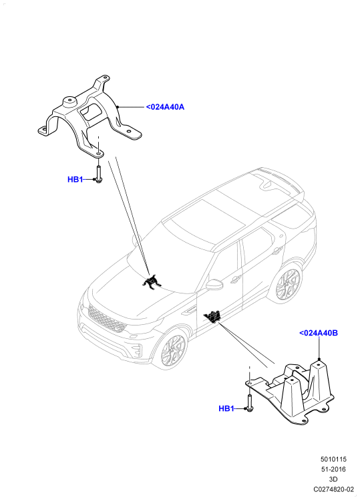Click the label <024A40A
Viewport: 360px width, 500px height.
coord(165,107)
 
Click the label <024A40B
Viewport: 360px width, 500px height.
coord(319,333)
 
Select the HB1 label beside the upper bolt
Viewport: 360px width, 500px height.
coord(75,180)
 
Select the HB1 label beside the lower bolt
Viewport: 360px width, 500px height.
coord(226,408)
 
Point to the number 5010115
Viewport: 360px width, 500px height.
coord(333,459)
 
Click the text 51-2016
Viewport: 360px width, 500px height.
coord(333,469)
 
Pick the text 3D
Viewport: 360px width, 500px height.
coord(333,479)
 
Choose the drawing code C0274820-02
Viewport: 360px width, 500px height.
coord(333,489)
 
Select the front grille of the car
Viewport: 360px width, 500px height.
coord(107,319)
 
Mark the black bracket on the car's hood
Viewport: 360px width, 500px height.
coord(152,282)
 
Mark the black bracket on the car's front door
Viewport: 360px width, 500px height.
coord(213,317)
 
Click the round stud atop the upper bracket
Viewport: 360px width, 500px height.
coord(69,102)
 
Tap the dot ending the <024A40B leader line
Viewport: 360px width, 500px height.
coord(319,359)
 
